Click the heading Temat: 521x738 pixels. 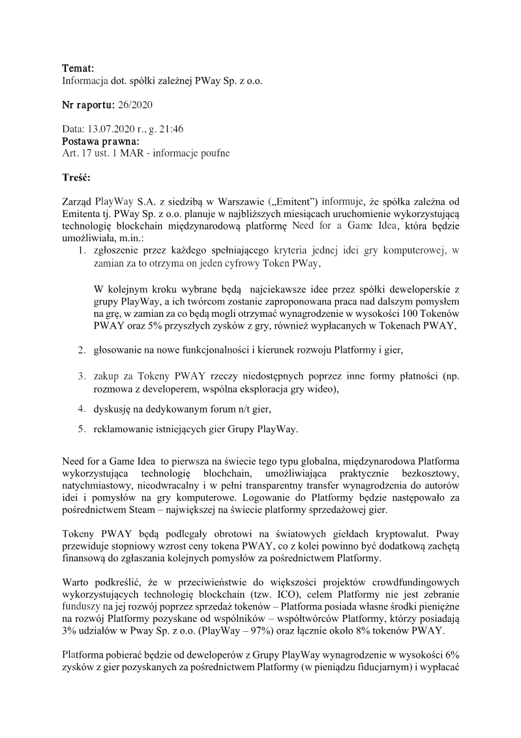tap(78, 68)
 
